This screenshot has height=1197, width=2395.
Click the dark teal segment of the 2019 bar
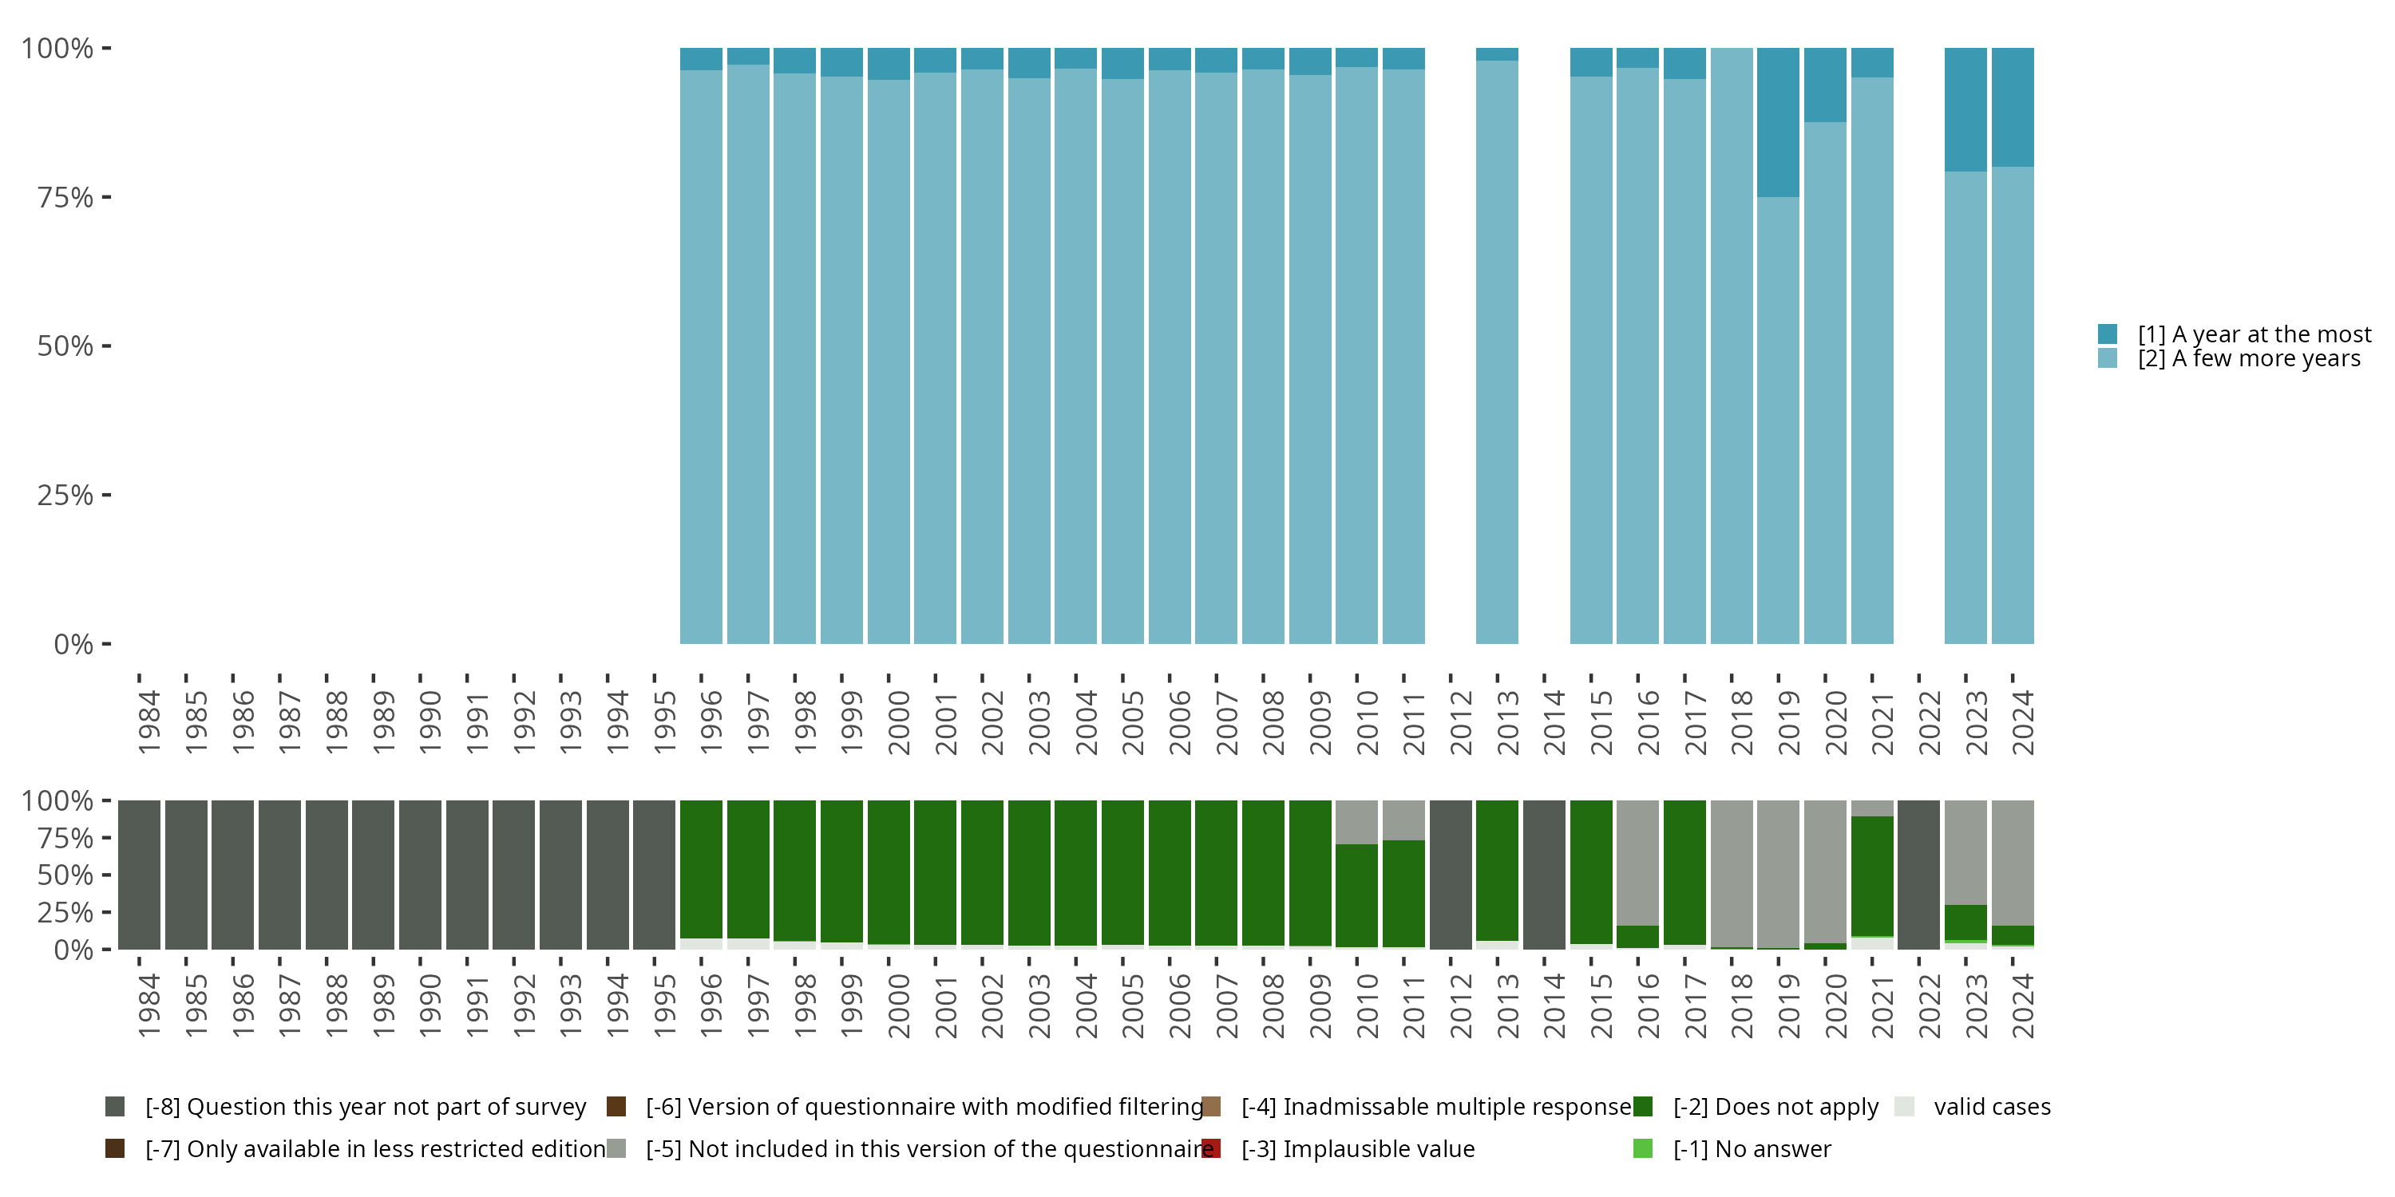click(1778, 122)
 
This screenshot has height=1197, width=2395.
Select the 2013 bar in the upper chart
click(1497, 354)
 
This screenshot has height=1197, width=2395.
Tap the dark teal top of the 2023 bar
click(1965, 109)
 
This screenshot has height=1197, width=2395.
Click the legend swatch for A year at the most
click(2107, 334)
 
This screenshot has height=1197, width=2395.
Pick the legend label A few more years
click(2248, 359)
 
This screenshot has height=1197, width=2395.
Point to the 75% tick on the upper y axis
click(106, 197)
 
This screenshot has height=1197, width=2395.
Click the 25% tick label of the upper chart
click(65, 496)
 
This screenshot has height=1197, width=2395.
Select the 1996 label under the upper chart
click(711, 722)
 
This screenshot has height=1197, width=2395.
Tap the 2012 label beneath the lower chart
click(1461, 1005)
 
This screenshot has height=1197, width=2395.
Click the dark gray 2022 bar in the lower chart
click(1918, 874)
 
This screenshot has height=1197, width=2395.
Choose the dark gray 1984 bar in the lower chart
click(140, 874)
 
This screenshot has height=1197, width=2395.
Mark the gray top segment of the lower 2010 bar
click(1356, 822)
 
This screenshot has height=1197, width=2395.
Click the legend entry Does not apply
click(1775, 1107)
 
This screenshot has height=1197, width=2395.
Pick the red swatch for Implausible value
click(1210, 1148)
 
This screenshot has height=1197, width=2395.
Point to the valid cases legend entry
click(1992, 1107)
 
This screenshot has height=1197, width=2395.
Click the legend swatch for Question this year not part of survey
click(115, 1107)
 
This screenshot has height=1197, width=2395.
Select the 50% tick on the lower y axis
click(106, 875)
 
